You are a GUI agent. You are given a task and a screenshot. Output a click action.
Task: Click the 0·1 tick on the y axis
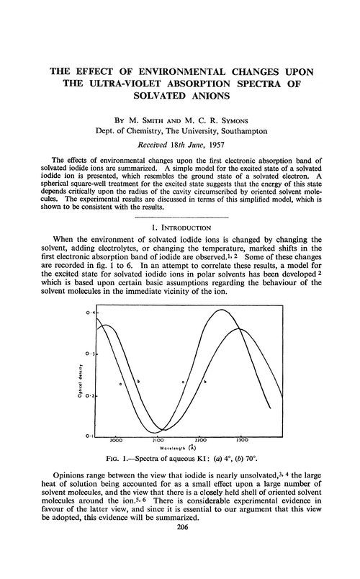click(x=89, y=436)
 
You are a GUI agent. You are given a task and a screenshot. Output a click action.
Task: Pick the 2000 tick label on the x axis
click(x=116, y=439)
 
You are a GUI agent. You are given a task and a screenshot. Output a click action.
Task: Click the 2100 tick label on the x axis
click(x=158, y=439)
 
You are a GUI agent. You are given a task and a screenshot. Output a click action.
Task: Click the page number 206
click(x=179, y=566)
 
